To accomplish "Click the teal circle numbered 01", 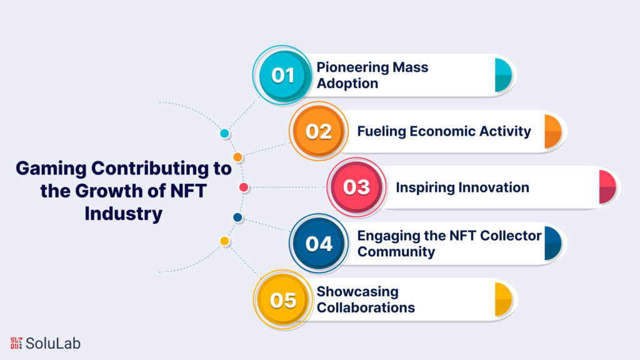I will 282,75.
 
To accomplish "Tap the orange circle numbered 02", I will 319,131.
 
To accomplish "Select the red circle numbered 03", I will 356,187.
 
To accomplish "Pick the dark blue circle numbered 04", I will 319,243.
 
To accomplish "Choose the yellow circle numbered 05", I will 282,299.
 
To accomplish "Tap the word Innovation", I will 494,187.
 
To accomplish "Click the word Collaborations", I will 366,307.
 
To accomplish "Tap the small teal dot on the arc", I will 224,134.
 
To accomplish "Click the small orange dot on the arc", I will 237,157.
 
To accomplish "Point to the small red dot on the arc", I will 244,187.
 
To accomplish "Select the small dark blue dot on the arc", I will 237,217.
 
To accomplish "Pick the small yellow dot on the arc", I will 224,241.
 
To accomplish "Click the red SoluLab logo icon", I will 16,343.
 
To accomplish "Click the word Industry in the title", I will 124,213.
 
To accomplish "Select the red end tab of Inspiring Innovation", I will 607,187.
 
